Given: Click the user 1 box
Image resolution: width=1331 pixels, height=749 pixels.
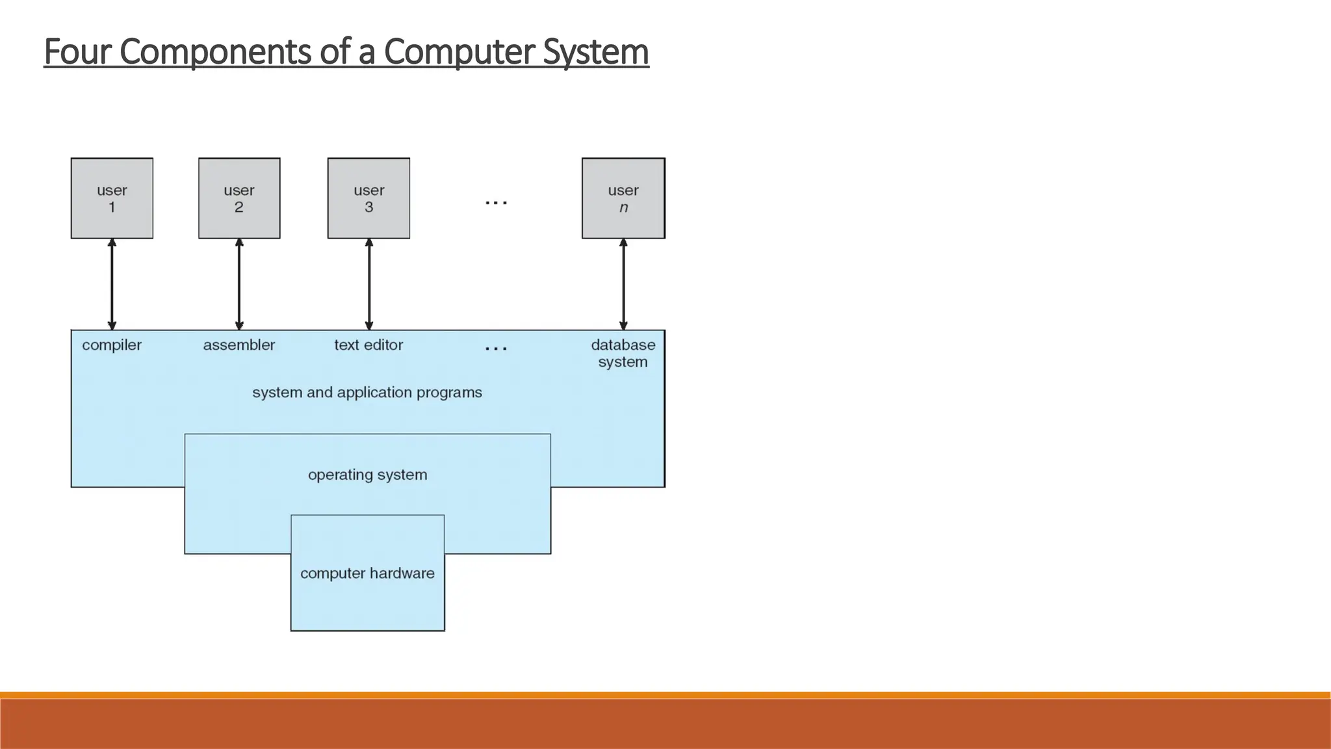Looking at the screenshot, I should coord(112,198).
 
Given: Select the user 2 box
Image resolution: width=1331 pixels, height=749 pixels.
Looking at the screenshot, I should coord(239,198).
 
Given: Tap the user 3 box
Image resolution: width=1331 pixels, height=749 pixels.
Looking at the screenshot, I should coord(368,198).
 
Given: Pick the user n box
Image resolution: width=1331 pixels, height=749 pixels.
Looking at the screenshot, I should coord(623,198).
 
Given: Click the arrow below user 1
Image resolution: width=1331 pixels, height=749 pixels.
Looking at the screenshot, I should coord(112,284).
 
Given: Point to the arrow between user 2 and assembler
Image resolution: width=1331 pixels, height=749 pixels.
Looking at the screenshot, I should coord(239,284).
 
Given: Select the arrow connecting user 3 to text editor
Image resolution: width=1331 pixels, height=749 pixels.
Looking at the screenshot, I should coord(369,284).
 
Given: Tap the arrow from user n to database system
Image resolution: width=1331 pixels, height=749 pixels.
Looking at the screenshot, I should coord(623,284).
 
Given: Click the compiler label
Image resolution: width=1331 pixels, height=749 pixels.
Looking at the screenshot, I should coord(112,345).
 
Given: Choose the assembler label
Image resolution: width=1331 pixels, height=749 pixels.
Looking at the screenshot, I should coord(239,345).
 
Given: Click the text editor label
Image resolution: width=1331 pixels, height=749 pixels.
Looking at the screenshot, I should coord(368,345).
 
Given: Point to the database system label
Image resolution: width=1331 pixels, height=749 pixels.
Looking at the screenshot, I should coord(623,353).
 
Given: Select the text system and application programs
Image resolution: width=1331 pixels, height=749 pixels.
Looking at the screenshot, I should coord(367,393).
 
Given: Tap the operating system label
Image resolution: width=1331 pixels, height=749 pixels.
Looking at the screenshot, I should coord(368,475).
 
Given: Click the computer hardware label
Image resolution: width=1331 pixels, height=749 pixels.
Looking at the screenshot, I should coord(367,573).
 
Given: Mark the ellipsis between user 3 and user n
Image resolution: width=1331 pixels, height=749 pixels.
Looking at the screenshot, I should coord(497,203).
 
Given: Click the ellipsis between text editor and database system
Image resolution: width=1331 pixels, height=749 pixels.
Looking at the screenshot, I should coord(497,349).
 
